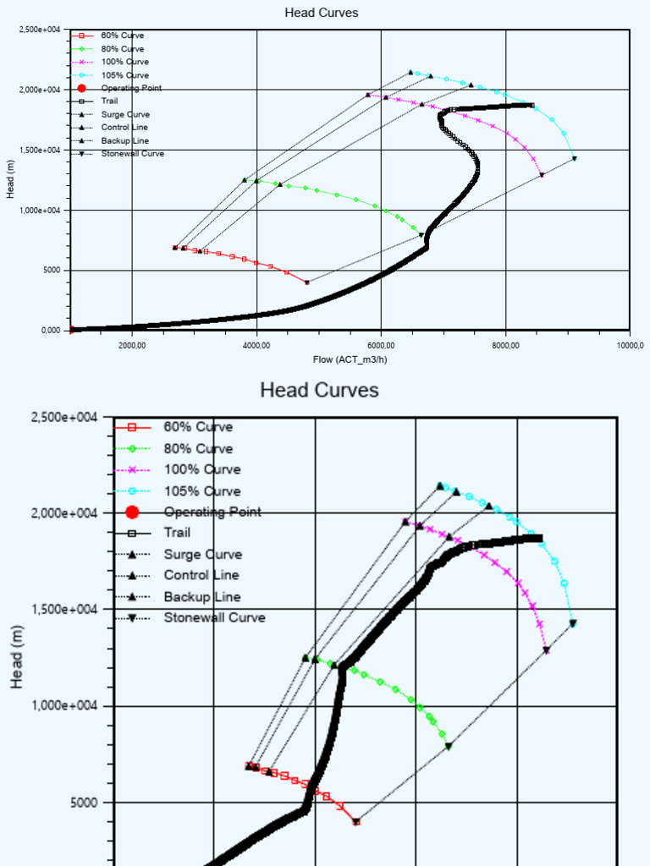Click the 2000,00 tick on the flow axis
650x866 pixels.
click(131, 345)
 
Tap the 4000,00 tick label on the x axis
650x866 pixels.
click(256, 345)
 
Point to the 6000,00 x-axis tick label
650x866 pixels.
click(381, 345)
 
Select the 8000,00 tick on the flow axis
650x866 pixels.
click(505, 345)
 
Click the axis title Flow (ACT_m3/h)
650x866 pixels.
click(349, 359)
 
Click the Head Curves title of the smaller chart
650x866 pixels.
click(321, 13)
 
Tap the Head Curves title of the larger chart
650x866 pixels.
click(319, 390)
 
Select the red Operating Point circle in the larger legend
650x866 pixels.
click(132, 512)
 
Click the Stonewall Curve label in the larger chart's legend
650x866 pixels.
click(214, 617)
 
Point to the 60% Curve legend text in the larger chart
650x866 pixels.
click(198, 427)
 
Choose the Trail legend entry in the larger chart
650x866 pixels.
click(177, 533)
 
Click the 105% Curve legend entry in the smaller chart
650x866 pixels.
click(124, 75)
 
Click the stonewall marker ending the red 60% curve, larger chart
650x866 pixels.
click(356, 821)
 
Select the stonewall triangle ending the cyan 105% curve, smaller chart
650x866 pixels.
click(575, 158)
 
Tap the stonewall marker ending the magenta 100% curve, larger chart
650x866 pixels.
click(546, 650)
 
